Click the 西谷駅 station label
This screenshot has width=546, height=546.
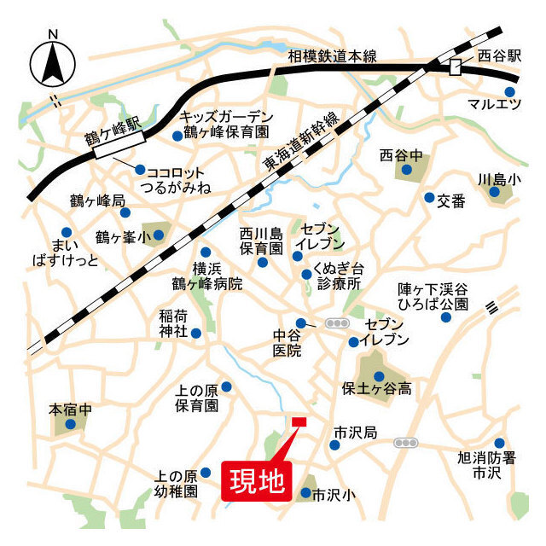(498, 56)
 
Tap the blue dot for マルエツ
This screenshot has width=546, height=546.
(510, 91)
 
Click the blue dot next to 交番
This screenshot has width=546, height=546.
(429, 198)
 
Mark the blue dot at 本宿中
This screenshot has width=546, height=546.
(71, 423)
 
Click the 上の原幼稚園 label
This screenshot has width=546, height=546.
(177, 484)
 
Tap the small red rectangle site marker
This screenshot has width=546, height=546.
(299, 421)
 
